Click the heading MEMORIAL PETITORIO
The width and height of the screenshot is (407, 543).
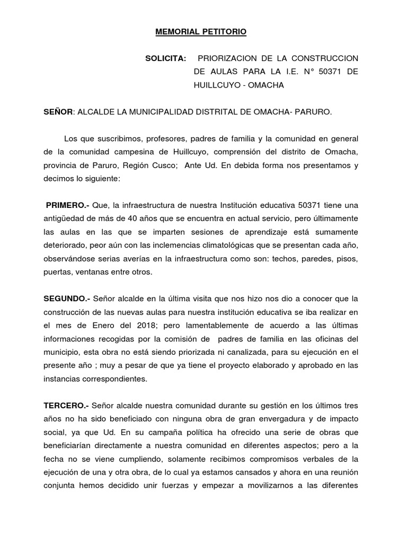click(200, 32)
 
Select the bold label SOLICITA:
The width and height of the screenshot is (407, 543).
click(165, 58)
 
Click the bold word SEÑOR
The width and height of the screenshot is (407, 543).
click(58, 112)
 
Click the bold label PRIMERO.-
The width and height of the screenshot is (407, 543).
click(68, 205)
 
